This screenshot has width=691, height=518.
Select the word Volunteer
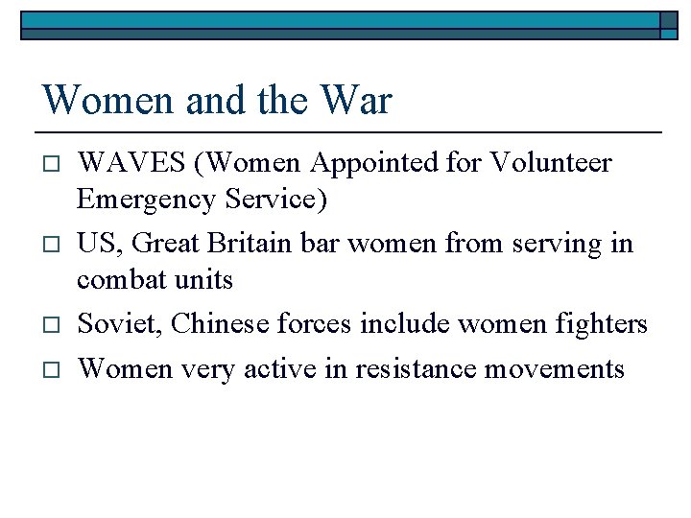point(550,163)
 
